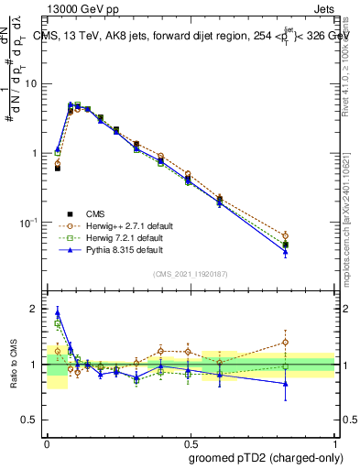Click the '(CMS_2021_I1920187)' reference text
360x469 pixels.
tap(191, 273)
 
